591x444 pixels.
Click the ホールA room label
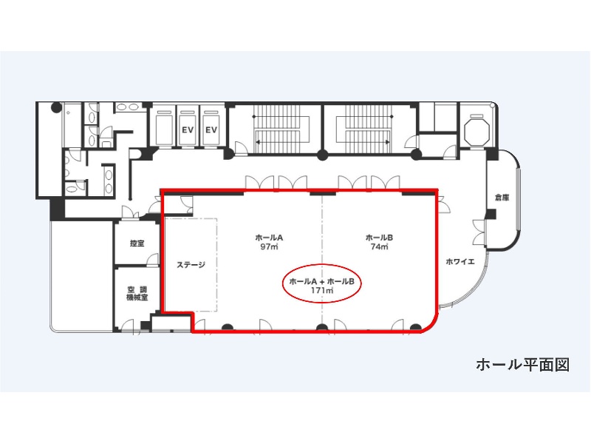(269, 238)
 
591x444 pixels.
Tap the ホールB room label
(379, 238)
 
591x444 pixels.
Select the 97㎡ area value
(270, 247)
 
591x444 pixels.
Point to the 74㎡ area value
(380, 247)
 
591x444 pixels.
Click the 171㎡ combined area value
(322, 291)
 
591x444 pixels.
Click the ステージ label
(191, 265)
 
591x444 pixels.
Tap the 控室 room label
(137, 243)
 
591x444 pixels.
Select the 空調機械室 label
(137, 293)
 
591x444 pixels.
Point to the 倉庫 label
(502, 197)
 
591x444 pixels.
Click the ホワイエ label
(460, 261)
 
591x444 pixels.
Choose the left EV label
(188, 130)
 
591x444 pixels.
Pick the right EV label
(211, 130)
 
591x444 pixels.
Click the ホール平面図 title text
(523, 365)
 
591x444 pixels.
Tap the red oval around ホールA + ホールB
(322, 264)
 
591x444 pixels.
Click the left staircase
(281, 129)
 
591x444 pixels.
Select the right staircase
(364, 129)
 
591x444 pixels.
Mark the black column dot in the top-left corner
(57, 107)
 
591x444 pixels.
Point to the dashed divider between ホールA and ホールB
(322, 260)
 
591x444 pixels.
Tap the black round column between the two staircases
(322, 155)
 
